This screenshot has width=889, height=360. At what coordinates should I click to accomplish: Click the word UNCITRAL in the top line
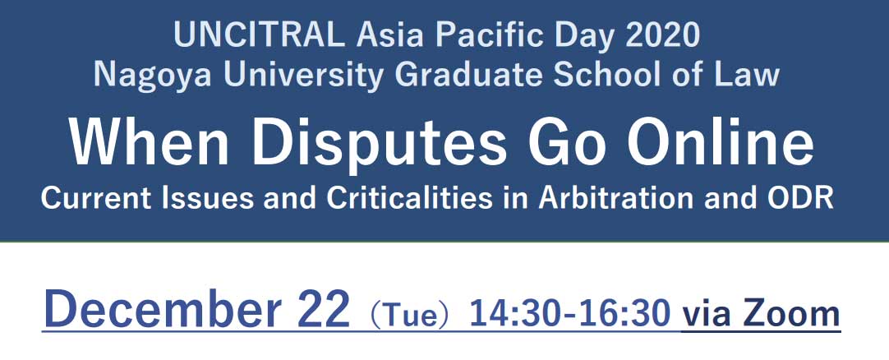pos(259,35)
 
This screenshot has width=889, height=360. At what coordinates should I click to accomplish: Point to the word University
pos(302,76)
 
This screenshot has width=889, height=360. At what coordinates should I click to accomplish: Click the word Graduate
pos(468,75)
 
